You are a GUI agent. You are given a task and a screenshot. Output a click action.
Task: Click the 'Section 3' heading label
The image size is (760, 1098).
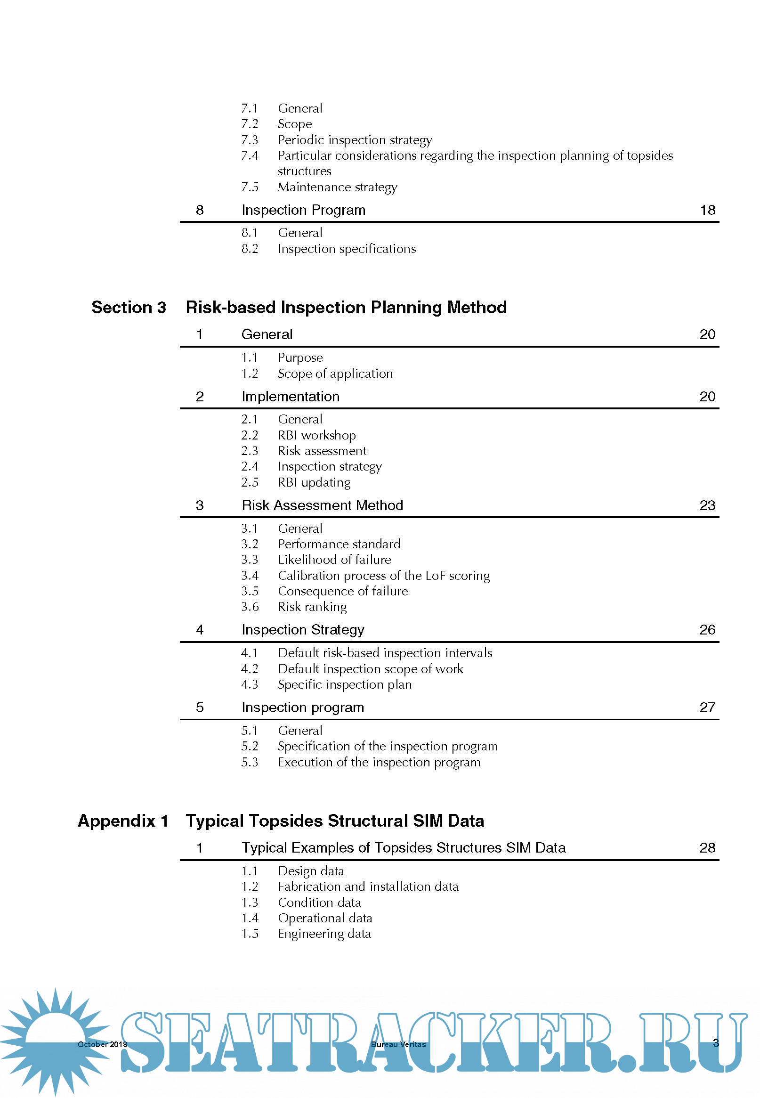click(129, 308)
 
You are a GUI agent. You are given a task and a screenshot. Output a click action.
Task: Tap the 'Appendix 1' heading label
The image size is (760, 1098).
click(123, 821)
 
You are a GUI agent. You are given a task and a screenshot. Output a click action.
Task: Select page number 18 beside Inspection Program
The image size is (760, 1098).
click(708, 210)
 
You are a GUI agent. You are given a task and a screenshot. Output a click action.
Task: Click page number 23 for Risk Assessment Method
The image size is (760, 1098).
click(707, 505)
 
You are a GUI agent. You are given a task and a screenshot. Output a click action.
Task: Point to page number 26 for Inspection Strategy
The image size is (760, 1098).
click(707, 630)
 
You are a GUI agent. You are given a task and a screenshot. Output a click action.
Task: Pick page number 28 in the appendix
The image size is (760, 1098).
click(707, 848)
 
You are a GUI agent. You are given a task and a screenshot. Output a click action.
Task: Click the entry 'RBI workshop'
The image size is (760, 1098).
click(316, 435)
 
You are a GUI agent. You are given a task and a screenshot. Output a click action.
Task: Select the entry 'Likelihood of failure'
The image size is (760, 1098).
click(334, 560)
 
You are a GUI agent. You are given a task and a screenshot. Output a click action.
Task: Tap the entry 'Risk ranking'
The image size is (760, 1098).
click(312, 607)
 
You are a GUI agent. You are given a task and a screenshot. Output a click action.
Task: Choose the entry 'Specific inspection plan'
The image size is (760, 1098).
click(345, 684)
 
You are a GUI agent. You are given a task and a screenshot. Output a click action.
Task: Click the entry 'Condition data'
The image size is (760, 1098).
click(320, 903)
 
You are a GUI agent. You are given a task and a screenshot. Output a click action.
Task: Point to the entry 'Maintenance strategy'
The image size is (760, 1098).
click(337, 187)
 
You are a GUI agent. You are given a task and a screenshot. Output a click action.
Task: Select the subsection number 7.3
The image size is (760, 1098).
click(250, 140)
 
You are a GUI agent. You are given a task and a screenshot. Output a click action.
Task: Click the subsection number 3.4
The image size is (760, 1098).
click(250, 576)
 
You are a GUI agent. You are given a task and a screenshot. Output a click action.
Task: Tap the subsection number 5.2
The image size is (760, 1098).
click(250, 747)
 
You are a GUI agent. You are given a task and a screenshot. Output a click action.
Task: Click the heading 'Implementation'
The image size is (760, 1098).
click(291, 397)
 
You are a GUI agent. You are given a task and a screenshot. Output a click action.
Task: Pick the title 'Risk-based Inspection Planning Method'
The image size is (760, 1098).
click(346, 308)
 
